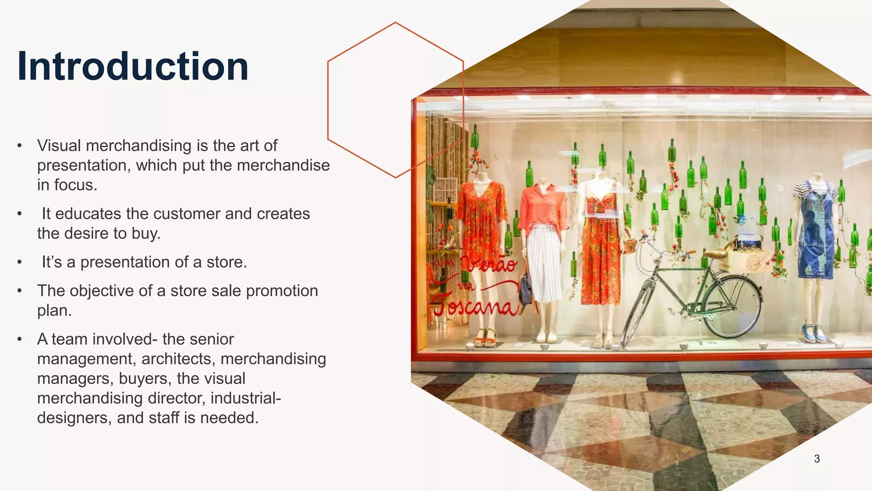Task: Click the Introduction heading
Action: pos(133,66)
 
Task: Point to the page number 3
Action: pos(817,459)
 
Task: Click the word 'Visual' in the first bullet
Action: pos(59,146)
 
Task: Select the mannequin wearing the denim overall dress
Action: pos(816,239)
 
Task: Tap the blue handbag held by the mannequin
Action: pos(525,290)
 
